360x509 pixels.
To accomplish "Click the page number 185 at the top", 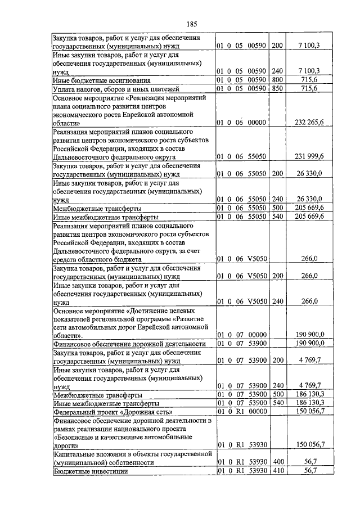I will [x=191, y=24].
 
